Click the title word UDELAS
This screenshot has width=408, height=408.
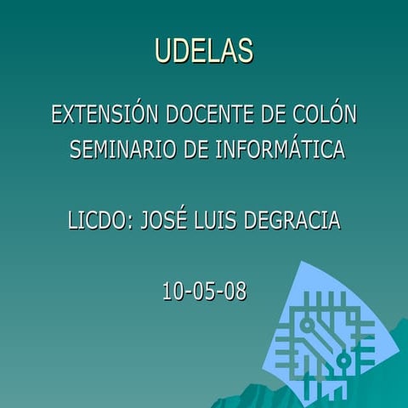click(x=204, y=50)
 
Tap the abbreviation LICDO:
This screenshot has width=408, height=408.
click(x=96, y=221)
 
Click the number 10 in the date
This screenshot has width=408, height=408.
click(x=174, y=292)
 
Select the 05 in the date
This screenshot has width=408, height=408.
click(x=204, y=292)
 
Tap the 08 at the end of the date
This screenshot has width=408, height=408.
click(x=235, y=292)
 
